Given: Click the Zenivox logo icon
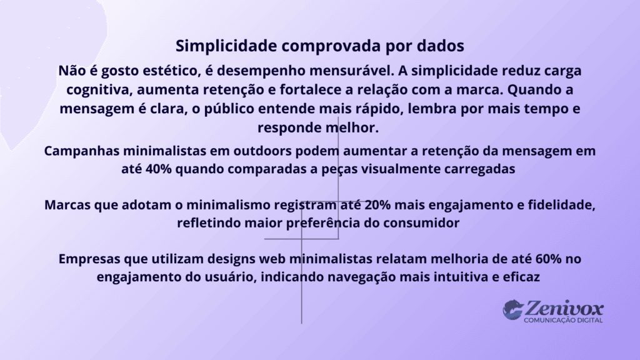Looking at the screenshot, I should coord(513,309).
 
